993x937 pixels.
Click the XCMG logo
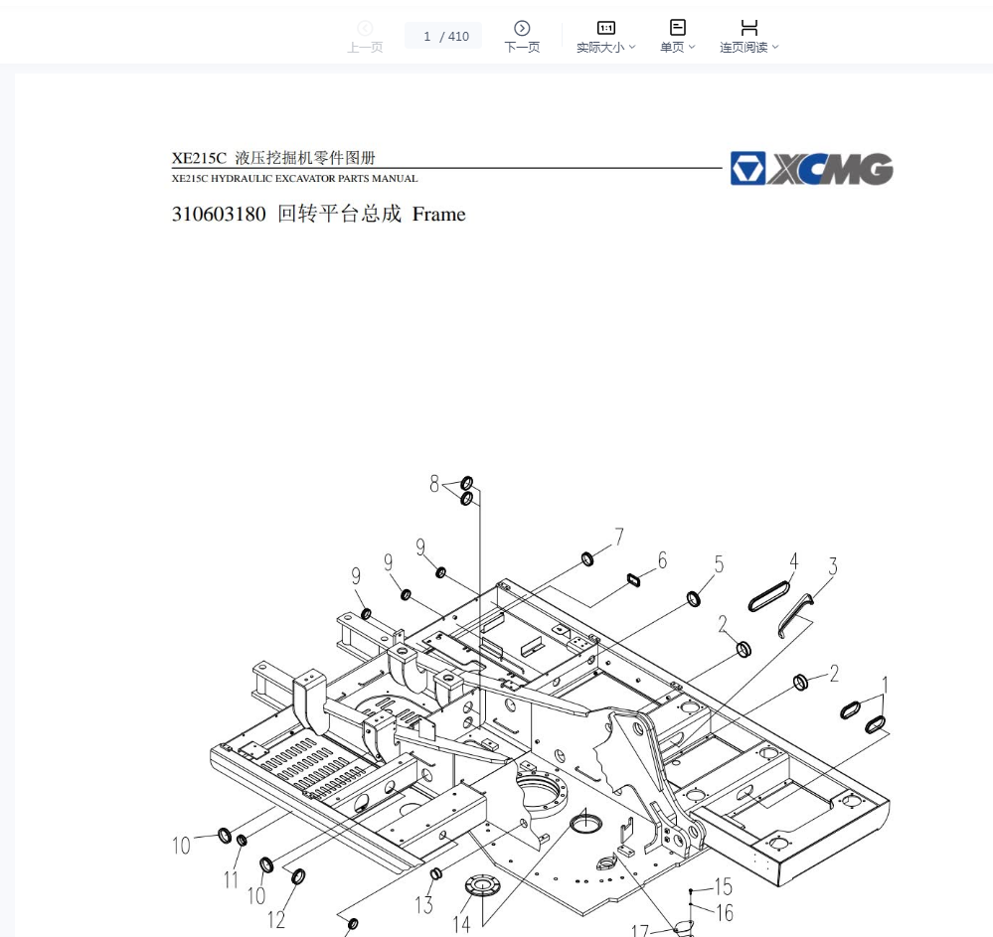pyautogui.click(x=811, y=168)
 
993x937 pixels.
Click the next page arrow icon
pyautogui.click(x=522, y=28)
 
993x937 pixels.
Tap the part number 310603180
pyautogui.click(x=219, y=214)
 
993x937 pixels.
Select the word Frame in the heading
pyautogui.click(x=439, y=214)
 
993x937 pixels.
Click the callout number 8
pyautogui.click(x=433, y=484)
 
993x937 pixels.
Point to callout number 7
pyautogui.click(x=618, y=537)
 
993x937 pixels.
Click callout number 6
pyautogui.click(x=662, y=559)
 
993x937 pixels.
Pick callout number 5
pyautogui.click(x=719, y=564)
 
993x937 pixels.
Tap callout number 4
pyautogui.click(x=793, y=561)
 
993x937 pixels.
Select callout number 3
pyautogui.click(x=833, y=566)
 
